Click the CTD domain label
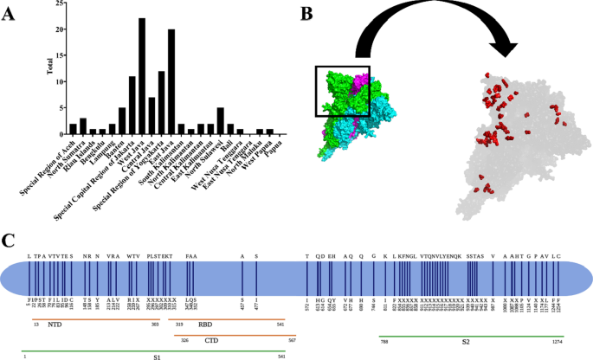[211, 340]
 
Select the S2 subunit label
[466, 340]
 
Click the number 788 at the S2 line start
[384, 342]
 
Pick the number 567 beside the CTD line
[293, 341]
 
